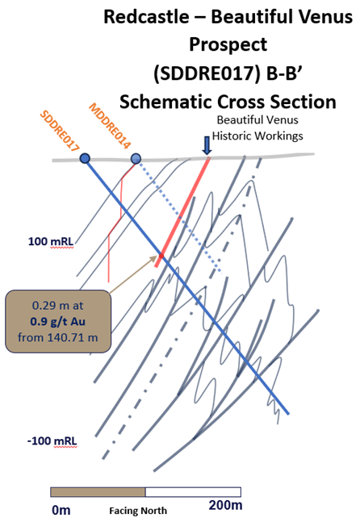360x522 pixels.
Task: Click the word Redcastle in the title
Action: [146, 17]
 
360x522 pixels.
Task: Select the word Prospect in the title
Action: [228, 44]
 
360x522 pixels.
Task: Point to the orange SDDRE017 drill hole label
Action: [59, 132]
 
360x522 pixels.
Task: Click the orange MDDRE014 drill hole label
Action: [110, 126]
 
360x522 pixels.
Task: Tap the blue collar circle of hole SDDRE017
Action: [85, 158]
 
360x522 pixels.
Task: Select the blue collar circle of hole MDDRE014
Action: [136, 158]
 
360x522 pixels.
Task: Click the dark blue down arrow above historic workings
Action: [207, 146]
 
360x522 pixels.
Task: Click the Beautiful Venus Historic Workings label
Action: [257, 127]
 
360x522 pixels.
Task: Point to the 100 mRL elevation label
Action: [51, 241]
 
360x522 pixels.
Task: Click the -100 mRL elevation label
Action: [52, 441]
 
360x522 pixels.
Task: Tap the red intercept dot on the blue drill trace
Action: [161, 256]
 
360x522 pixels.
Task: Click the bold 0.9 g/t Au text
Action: [58, 322]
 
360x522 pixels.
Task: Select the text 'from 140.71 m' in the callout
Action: [58, 337]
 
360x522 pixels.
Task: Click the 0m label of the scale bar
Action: [61, 510]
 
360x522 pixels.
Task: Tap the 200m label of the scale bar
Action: [225, 505]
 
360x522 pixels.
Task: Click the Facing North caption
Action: [138, 511]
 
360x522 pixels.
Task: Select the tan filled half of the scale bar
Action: [98, 492]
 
